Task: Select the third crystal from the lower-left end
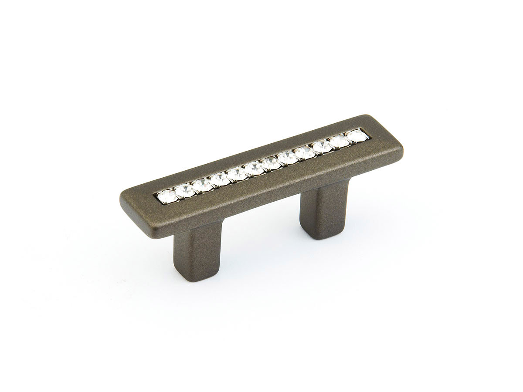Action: pos(202,184)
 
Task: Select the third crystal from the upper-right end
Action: pos(321,146)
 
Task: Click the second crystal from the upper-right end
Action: pos(338,141)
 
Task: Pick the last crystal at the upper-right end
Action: pos(355,136)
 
